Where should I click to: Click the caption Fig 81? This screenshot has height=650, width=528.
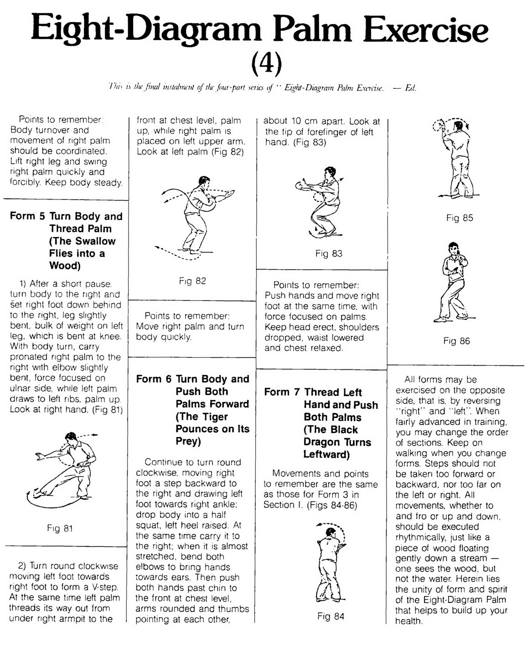[60, 528]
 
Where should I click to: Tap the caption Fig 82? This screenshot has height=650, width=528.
[192, 281]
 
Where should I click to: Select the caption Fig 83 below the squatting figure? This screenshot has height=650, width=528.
[328, 253]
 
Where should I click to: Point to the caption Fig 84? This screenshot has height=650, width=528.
[331, 616]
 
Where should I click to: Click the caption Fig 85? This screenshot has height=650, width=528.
[460, 218]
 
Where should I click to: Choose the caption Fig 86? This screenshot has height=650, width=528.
[456, 341]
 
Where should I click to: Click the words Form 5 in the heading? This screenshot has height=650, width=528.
[27, 216]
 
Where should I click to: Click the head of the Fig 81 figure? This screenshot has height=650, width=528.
[71, 437]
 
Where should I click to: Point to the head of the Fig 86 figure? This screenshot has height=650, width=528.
[452, 248]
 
